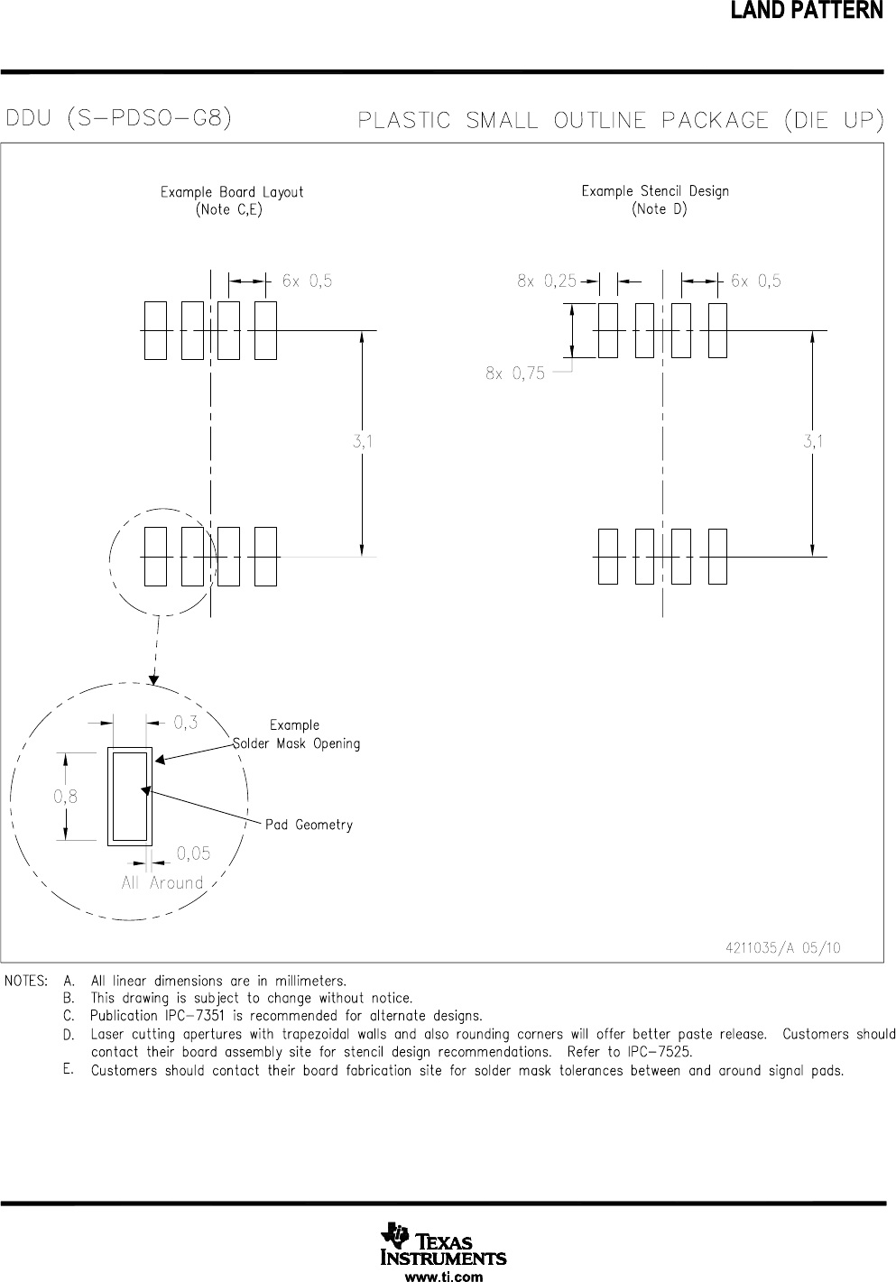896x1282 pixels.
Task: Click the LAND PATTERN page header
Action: tap(818, 12)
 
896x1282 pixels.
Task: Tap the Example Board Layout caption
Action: tap(232, 192)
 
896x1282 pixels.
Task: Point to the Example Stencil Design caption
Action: tap(655, 191)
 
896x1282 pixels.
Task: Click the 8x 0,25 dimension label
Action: tap(547, 281)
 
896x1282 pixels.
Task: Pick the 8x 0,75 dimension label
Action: tap(515, 374)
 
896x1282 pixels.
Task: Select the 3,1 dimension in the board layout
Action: tap(364, 442)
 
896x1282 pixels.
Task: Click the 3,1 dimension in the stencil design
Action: tap(814, 442)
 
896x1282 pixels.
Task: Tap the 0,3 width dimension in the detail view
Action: tap(186, 723)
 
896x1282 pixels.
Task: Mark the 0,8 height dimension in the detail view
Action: tap(65, 797)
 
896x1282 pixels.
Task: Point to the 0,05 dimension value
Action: tap(193, 853)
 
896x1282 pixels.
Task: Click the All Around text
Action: tap(162, 883)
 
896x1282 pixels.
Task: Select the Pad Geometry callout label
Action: tap(309, 825)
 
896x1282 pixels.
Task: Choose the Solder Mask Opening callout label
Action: tap(297, 743)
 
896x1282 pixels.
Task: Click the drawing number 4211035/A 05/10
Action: tap(782, 948)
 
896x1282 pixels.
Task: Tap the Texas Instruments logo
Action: tap(443, 1245)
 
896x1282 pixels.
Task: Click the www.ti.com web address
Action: tap(443, 1276)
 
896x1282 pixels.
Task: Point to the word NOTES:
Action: tap(27, 981)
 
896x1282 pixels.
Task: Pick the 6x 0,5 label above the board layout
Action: tap(307, 281)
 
